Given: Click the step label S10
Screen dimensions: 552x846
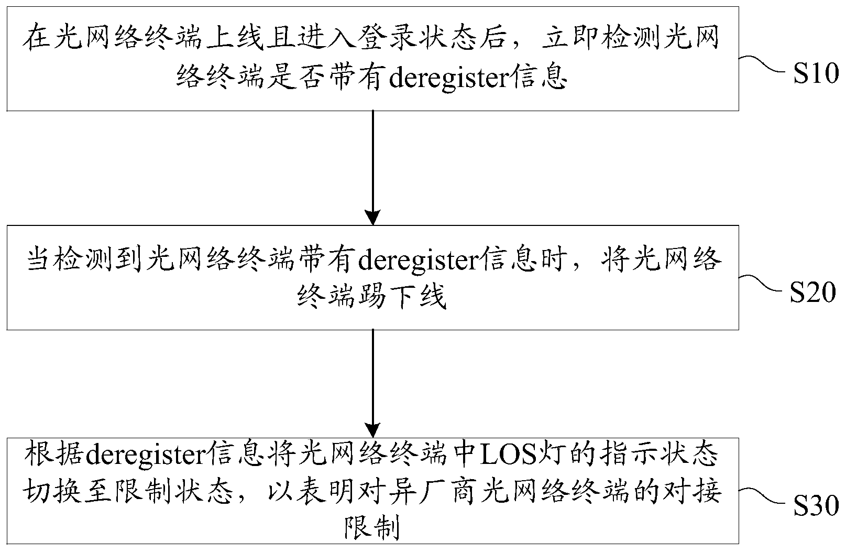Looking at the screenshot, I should [815, 75].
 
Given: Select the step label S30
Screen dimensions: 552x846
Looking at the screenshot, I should [815, 507].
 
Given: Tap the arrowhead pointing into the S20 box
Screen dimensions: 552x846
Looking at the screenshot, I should [372, 217].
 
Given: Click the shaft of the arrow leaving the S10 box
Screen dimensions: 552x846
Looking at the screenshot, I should [372, 157].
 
